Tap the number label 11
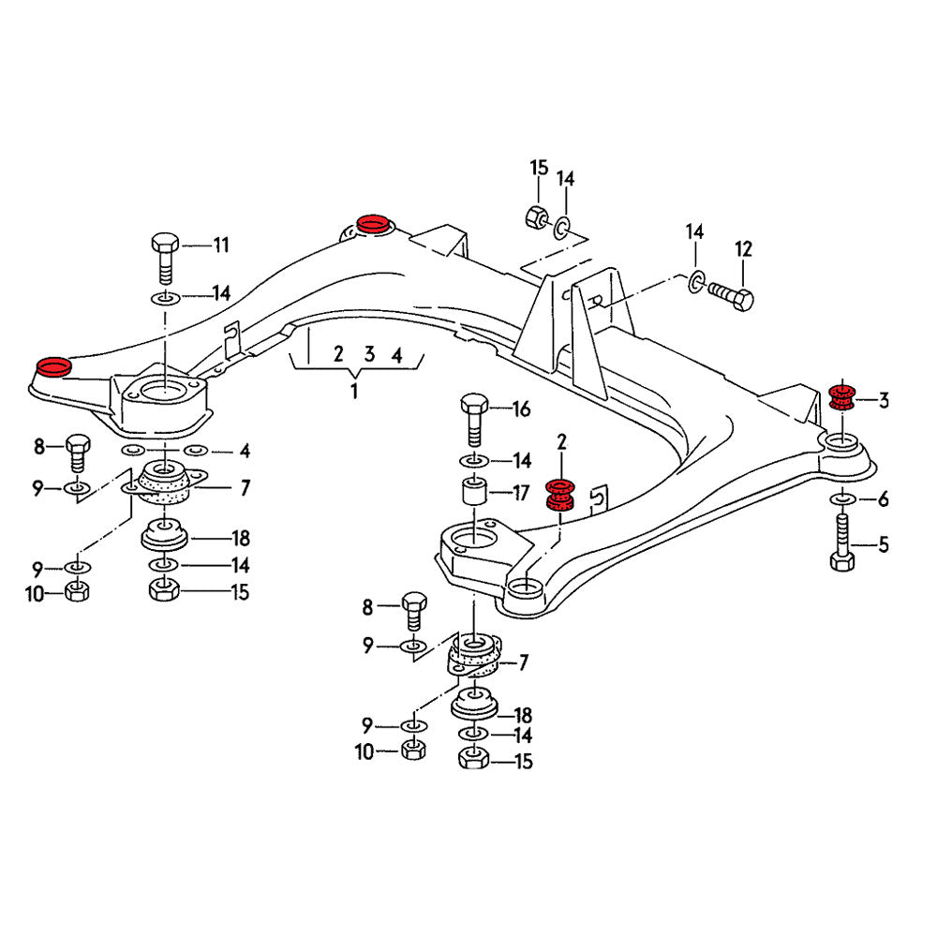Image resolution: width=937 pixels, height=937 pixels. point(220,246)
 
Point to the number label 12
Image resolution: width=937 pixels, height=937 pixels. point(743,249)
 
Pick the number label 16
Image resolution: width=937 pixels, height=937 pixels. point(521,409)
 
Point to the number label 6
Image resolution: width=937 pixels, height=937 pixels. point(883,500)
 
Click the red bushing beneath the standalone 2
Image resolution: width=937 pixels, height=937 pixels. point(560,496)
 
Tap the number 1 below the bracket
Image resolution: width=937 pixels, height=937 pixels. point(354,391)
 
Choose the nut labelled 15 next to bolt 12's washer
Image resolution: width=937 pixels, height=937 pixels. point(534,216)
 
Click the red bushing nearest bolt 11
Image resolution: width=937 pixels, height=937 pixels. point(52,365)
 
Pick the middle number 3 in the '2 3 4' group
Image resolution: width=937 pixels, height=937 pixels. point(370,354)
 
